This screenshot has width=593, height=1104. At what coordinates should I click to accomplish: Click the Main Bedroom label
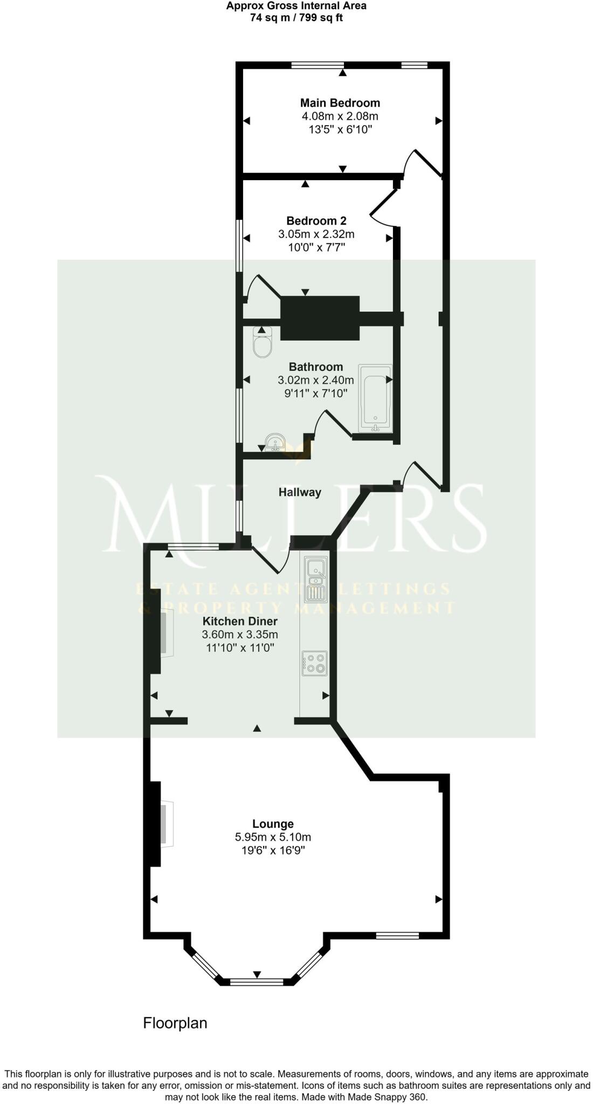tap(340, 102)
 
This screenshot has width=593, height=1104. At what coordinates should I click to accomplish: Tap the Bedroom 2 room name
tap(316, 220)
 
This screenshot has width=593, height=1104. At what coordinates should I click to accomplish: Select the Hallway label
tap(300, 492)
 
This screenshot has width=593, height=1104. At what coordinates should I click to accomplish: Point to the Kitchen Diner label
tap(240, 621)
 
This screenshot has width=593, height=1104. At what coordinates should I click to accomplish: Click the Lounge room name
tap(273, 824)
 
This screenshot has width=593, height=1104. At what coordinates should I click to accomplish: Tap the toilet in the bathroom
tap(263, 343)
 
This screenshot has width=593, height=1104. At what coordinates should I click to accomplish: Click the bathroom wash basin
tap(275, 443)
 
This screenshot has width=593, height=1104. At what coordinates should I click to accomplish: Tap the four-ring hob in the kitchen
tap(315, 663)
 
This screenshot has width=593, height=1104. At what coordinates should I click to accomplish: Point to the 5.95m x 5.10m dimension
tap(273, 837)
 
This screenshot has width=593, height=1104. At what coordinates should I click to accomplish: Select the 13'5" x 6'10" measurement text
tap(340, 129)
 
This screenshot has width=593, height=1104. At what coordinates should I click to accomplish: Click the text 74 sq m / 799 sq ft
tap(296, 17)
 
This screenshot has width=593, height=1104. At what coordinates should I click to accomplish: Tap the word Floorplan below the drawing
tap(175, 1023)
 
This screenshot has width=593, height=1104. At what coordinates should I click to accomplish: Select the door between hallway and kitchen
tap(270, 560)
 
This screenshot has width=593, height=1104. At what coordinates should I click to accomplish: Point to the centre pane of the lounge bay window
tap(257, 982)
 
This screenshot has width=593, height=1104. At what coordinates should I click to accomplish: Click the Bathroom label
tap(316, 367)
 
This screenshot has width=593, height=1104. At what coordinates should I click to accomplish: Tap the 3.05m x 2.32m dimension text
tap(316, 234)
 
